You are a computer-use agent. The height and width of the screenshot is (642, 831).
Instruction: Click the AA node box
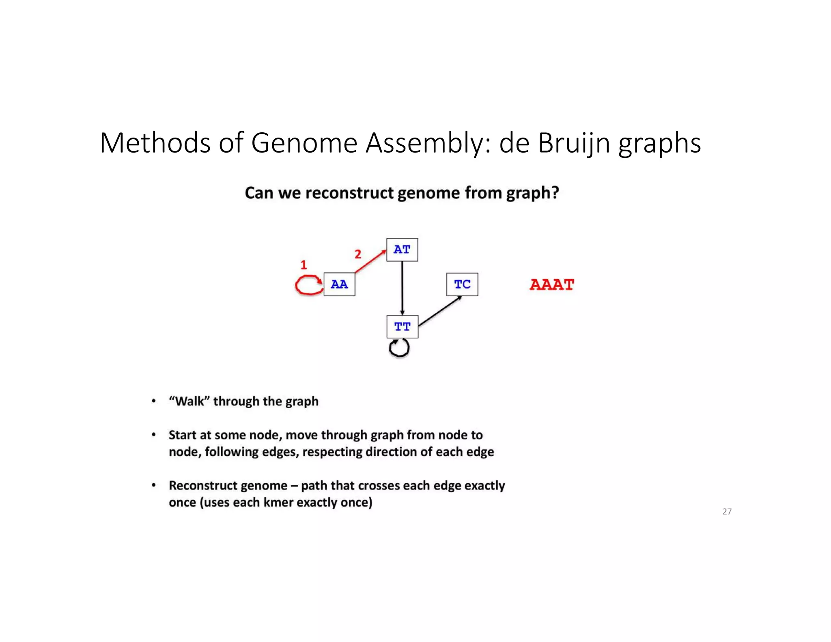click(x=339, y=284)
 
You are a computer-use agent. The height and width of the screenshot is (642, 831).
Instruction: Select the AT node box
click(x=402, y=250)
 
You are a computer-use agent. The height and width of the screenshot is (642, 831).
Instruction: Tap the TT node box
click(x=402, y=327)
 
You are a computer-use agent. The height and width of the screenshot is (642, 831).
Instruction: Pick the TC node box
click(x=462, y=284)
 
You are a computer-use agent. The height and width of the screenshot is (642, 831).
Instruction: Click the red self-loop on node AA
click(x=306, y=285)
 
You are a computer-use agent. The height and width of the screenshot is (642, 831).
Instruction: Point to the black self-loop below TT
click(x=399, y=349)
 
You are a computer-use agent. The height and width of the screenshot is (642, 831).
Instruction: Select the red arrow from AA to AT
click(x=370, y=262)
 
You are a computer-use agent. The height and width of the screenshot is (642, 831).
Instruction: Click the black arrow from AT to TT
click(x=402, y=288)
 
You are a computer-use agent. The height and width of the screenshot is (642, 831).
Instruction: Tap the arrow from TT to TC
click(x=440, y=311)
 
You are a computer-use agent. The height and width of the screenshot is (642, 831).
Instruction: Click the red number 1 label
click(x=304, y=265)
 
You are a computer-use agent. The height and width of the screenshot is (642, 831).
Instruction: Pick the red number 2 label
click(x=358, y=254)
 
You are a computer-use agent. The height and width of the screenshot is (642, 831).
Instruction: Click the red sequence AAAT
click(x=552, y=284)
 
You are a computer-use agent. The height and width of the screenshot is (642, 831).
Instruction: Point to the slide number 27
click(x=727, y=512)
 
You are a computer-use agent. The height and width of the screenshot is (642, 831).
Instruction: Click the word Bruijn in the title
click(x=574, y=143)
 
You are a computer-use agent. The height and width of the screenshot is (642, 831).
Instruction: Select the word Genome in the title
click(x=304, y=143)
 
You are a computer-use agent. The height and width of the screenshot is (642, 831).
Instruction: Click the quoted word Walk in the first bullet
click(x=189, y=401)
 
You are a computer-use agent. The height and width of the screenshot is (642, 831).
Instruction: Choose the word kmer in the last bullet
click(x=278, y=502)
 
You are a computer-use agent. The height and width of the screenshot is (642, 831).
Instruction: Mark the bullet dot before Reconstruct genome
click(x=153, y=485)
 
